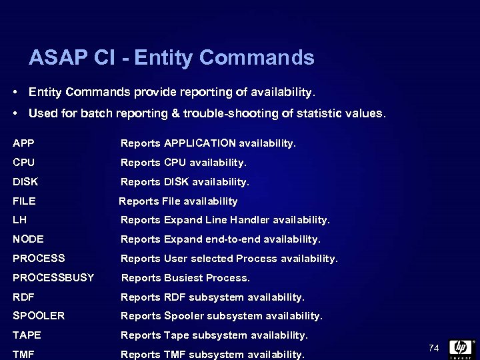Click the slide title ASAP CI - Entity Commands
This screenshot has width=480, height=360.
coord(171,58)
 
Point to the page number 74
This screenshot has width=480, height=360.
coord(434,348)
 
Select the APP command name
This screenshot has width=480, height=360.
coord(23,143)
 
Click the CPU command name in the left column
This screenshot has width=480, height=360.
coord(23,162)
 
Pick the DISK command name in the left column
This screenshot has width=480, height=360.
coord(25,181)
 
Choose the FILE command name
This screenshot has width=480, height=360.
coord(24,201)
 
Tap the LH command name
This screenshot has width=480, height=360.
coord(20,219)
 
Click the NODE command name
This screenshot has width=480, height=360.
coord(28,239)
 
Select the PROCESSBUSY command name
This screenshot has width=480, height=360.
coord(53,277)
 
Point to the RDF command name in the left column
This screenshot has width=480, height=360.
coord(23,297)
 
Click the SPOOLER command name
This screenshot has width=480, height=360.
coord(39,315)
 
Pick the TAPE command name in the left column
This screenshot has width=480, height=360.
coord(27,335)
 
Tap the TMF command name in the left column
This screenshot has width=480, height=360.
coord(23,354)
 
